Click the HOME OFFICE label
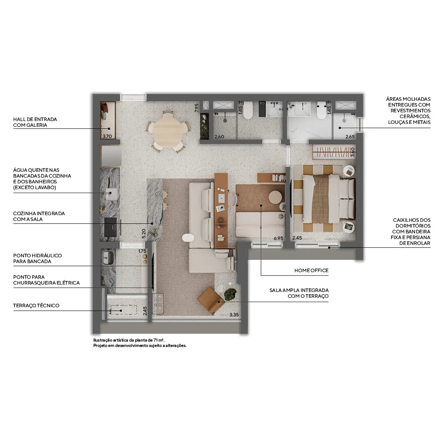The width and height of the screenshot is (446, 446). (x=311, y=270)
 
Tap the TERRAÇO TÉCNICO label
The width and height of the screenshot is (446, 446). (x=36, y=306)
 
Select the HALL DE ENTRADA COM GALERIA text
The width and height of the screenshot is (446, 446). (x=35, y=122)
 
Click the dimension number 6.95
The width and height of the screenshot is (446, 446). (x=279, y=239)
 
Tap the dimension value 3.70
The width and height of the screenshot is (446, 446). (x=107, y=136)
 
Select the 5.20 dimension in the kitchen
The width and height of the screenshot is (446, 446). (x=144, y=234)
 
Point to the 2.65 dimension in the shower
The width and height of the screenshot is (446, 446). (x=350, y=136)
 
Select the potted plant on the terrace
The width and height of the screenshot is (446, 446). (x=230, y=294)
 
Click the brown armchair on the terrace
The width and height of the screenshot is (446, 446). (x=211, y=299)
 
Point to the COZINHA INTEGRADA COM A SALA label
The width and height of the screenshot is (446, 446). (x=39, y=216)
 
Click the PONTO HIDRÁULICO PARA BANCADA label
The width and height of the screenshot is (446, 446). (x=38, y=259)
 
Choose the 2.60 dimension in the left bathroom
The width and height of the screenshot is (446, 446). (x=219, y=136)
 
